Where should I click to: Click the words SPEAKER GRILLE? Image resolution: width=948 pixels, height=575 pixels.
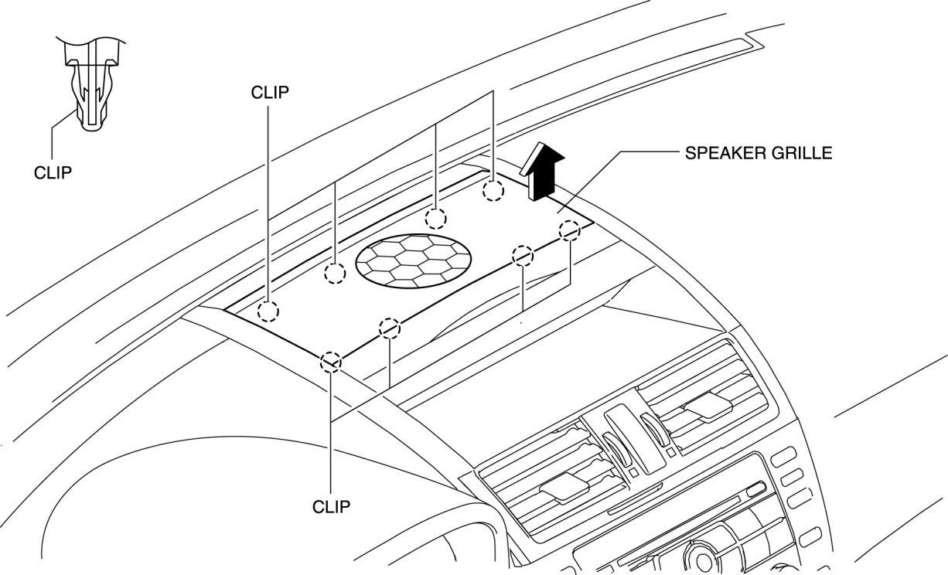pyautogui.click(x=758, y=153)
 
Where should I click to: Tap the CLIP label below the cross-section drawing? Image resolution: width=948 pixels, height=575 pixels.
pyautogui.click(x=53, y=172)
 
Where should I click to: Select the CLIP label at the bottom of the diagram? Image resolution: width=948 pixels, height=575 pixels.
pyautogui.click(x=332, y=507)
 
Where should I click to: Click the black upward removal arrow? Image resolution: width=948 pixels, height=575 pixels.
pyautogui.click(x=544, y=171)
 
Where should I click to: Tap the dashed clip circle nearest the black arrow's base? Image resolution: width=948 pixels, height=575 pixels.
pyautogui.click(x=493, y=191)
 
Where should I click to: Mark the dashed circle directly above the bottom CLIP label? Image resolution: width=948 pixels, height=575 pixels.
pyautogui.click(x=332, y=362)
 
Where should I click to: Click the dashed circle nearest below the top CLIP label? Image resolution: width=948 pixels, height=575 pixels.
pyautogui.click(x=268, y=311)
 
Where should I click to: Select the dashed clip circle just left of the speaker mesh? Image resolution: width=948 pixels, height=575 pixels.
pyautogui.click(x=335, y=272)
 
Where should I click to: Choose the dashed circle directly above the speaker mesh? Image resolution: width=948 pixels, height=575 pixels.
pyautogui.click(x=436, y=218)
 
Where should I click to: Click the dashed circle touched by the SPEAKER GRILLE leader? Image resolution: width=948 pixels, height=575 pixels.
pyautogui.click(x=569, y=230)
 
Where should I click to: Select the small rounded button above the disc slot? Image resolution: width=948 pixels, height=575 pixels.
pyautogui.click(x=755, y=488)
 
